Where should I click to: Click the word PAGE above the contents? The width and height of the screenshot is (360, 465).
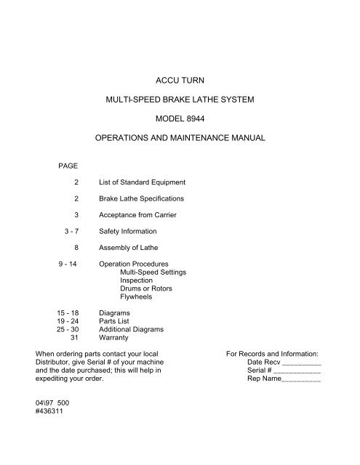tap(68, 166)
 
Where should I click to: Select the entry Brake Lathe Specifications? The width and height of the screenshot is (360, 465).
tap(142, 198)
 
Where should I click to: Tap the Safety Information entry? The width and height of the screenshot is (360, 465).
tap(129, 231)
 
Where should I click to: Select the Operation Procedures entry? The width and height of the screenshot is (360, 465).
tap(134, 264)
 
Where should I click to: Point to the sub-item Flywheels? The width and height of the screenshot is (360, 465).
tap(137, 296)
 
